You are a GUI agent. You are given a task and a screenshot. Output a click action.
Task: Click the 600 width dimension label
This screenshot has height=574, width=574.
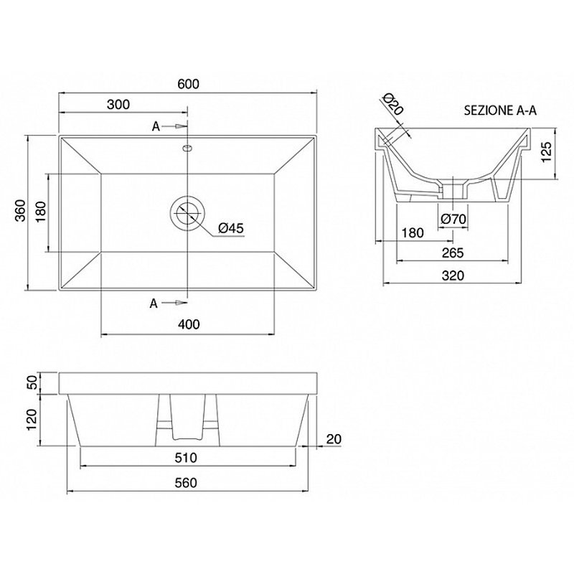pos(189,84)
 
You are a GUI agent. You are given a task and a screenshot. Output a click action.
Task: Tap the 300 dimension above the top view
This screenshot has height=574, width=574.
pos(118,104)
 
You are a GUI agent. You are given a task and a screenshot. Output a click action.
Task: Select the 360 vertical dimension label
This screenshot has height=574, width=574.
pos(21,210)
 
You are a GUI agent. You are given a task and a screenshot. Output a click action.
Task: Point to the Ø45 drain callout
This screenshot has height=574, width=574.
pos(230,228)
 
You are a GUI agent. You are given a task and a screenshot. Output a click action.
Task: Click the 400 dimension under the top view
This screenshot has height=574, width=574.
pos(189,324)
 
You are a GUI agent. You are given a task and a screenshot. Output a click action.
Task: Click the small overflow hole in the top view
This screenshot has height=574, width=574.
pos(187,148)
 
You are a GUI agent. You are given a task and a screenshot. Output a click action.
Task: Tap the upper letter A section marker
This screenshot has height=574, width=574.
pos(156,126)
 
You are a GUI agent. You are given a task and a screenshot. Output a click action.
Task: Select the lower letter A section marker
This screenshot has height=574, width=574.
pos(154,303)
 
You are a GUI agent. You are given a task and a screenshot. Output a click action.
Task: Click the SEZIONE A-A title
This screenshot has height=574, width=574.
pos(500,110)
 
